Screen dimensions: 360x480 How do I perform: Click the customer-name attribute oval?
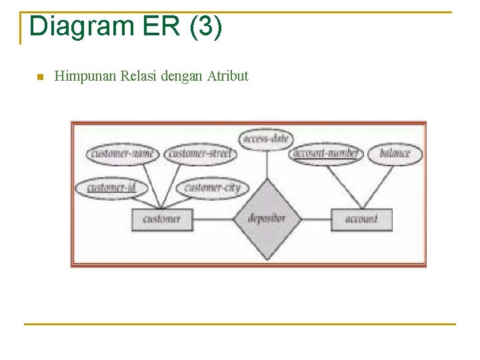point(123,154)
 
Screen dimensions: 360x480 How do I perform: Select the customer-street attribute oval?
point(199,154)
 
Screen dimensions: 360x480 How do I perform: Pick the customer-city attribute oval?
point(213,187)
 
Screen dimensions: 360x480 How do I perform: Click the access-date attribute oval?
point(266,139)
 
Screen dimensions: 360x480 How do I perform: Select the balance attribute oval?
point(395,153)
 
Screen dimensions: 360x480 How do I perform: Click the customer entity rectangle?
point(162,219)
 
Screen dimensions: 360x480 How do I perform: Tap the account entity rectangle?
point(361,219)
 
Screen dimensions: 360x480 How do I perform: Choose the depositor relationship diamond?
point(267,219)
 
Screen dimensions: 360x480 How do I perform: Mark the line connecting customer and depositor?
point(213,219)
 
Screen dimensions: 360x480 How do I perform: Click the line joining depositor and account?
point(316,219)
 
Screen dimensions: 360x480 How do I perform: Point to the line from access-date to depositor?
point(267,164)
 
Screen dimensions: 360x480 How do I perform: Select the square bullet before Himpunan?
point(39,77)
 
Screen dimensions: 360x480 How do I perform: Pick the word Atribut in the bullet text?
point(227,76)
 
